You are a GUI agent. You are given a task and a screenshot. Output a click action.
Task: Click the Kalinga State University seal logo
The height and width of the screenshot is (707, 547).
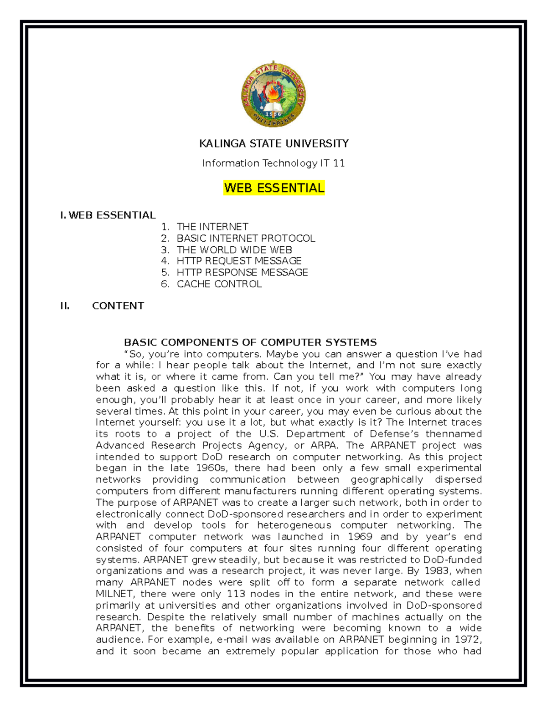pyautogui.click(x=273, y=95)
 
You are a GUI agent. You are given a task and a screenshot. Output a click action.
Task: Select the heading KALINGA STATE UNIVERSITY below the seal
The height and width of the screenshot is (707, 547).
pyautogui.click(x=273, y=144)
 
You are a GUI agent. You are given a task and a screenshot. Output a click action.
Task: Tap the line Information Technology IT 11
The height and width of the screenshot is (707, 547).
pyautogui.click(x=273, y=163)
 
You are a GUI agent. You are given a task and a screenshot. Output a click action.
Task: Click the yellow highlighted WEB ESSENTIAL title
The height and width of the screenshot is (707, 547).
pyautogui.click(x=274, y=188)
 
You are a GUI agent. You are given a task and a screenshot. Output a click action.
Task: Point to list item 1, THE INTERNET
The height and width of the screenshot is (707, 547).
pyautogui.click(x=212, y=227)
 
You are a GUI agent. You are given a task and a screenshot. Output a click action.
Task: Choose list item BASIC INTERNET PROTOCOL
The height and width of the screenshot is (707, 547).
pyautogui.click(x=246, y=238)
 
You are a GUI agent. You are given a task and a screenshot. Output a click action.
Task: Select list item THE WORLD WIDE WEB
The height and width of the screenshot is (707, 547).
pyautogui.click(x=234, y=250)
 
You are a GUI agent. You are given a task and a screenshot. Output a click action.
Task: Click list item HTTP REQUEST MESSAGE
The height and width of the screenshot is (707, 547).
pyautogui.click(x=239, y=261)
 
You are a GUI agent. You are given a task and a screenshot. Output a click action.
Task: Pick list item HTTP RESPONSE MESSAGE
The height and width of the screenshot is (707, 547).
pyautogui.click(x=242, y=272)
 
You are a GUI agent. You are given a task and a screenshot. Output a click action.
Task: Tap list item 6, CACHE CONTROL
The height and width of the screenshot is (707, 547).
pyautogui.click(x=219, y=284)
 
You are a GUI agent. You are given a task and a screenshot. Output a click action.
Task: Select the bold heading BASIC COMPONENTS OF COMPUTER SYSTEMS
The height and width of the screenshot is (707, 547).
pyautogui.click(x=250, y=342)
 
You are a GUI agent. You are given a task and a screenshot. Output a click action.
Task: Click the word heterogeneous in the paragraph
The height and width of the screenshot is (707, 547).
pyautogui.click(x=294, y=525)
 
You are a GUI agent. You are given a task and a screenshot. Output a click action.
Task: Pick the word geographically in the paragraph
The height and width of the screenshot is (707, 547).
pyautogui.click(x=387, y=480)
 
